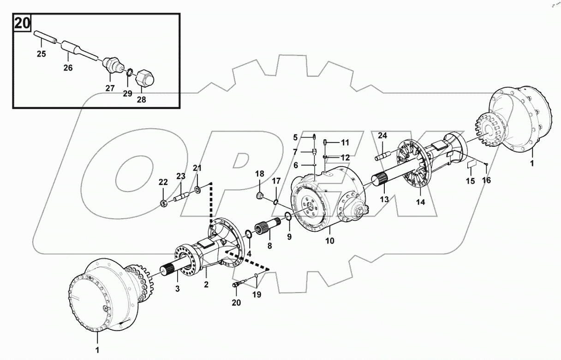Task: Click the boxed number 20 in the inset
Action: click(22, 23)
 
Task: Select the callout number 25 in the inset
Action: click(42, 54)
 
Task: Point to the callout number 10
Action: click(330, 240)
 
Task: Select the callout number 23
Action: click(180, 176)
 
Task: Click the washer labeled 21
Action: click(197, 190)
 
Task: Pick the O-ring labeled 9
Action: click(287, 217)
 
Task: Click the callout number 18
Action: click(259, 174)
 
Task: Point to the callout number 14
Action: click(420, 202)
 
